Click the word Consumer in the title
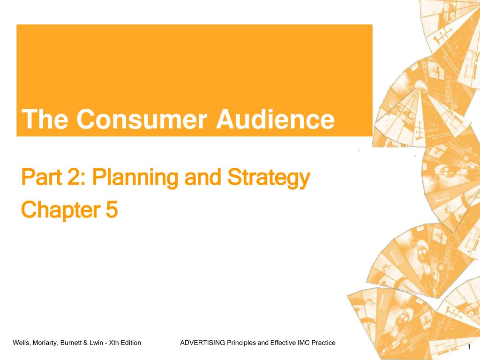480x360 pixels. point(142,119)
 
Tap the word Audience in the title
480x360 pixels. point(275,119)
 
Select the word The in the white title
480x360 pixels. point(45,119)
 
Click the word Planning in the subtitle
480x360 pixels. point(135,178)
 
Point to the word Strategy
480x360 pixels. point(269,178)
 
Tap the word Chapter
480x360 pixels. point(60,210)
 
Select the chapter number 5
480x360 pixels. point(112,210)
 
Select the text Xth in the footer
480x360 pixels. point(114,343)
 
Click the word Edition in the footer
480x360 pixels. point(131,343)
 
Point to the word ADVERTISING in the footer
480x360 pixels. point(202,343)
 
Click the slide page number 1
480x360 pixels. point(469,347)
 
